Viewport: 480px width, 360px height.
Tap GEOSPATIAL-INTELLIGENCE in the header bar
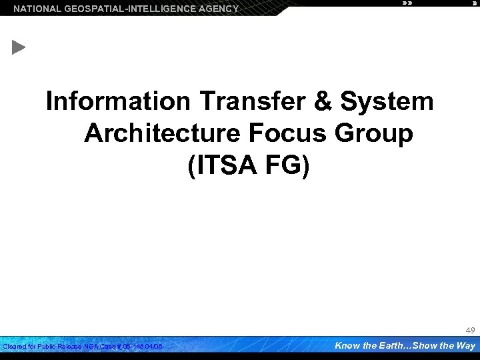coord(127,9)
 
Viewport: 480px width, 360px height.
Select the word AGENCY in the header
coord(217,9)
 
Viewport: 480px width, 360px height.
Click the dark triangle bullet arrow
coord(19,48)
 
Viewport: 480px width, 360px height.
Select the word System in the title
coord(386,102)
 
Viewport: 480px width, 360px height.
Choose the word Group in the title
coord(376,133)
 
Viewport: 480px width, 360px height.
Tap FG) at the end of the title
coord(285,165)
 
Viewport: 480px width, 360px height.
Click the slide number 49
coord(470,330)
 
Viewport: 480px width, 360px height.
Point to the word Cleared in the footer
coord(14,347)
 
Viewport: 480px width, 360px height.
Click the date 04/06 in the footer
coord(154,347)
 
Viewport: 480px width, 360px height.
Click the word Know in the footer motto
coord(347,345)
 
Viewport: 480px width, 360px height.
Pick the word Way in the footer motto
coord(465,345)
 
